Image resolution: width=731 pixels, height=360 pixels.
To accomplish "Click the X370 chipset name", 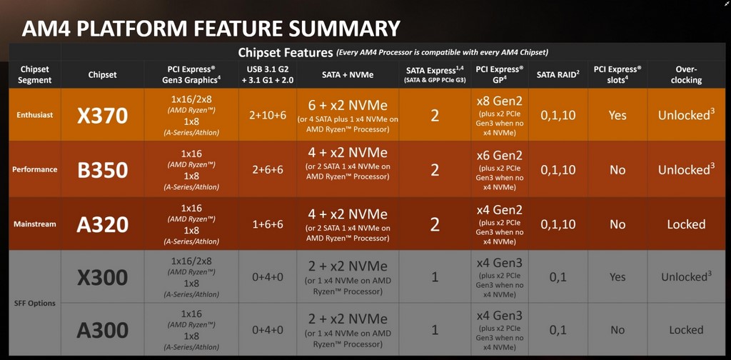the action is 103,115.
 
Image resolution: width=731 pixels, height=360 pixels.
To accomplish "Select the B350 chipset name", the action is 103,170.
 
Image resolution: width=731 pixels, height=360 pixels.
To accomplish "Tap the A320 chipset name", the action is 103,224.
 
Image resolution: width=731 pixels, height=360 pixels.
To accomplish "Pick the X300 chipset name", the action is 103,277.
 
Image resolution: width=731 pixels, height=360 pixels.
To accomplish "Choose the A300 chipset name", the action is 103,330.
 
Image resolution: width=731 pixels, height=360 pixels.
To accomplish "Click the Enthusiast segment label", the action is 35,115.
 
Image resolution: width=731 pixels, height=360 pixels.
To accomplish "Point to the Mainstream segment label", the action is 35,224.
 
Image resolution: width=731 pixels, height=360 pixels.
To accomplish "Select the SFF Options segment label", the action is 35,303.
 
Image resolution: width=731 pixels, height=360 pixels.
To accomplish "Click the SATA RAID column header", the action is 558,74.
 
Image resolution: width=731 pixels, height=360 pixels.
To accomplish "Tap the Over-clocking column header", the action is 686,74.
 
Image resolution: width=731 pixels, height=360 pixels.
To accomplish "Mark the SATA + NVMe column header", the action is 348,74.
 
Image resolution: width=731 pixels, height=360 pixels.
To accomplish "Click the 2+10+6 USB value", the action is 267,116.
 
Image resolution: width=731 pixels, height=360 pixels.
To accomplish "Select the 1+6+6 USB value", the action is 267,224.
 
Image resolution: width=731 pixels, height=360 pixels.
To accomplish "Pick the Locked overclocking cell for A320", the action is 686,224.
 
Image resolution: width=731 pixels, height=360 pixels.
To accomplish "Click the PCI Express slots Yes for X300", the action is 617,277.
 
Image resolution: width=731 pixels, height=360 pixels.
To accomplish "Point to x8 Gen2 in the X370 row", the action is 499,101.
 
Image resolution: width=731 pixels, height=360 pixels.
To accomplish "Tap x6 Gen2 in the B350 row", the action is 499,155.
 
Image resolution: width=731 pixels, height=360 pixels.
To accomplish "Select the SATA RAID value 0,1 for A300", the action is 558,330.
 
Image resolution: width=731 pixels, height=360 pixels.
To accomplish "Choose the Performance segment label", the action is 35,169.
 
